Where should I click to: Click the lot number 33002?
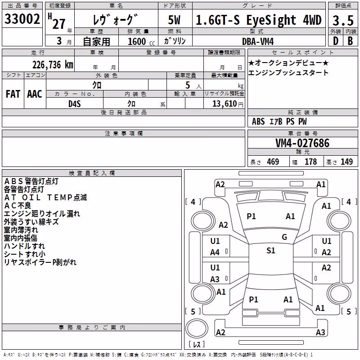pos(22,19)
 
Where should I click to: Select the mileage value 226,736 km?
pos(53,65)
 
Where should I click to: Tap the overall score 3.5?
pos(343,20)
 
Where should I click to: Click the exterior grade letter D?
pos(336,41)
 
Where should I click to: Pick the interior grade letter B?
pos(350,41)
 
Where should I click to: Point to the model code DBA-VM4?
pos(258,41)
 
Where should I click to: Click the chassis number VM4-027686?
pos(302,143)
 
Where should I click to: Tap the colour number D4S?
pos(75,104)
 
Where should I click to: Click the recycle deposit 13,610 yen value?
pos(228,104)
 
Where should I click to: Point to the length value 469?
pos(273,162)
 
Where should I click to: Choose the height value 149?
pos(346,162)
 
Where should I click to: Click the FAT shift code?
pos(13,94)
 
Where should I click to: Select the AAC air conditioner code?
pos(35,94)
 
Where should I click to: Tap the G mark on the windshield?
pos(284,237)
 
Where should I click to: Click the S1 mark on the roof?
pos(271,251)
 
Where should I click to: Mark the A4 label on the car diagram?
pos(215,252)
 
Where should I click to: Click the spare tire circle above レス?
pos(197,328)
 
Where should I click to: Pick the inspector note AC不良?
pos(18,206)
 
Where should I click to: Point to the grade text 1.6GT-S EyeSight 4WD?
pos(259,20)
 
